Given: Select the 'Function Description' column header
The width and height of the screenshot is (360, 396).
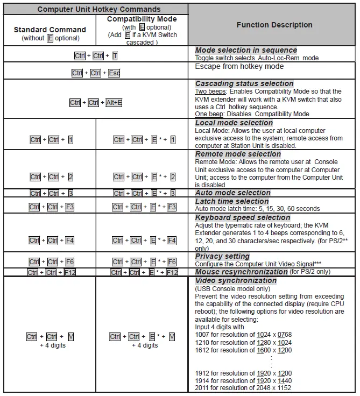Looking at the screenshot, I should point(274,25).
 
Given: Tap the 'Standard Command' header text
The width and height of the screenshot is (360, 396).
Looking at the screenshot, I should point(50,30).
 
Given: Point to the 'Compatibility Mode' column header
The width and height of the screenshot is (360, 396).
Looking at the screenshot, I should point(142,19).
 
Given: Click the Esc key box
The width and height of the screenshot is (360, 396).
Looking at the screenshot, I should point(114,73).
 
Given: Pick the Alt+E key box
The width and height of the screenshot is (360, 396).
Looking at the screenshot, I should point(114,103).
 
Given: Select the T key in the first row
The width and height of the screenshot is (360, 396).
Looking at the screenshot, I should point(115,56).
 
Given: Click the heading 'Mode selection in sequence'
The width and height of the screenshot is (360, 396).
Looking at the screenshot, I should point(246,51).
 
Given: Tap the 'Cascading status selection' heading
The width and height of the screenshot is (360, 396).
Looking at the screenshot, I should point(244,84).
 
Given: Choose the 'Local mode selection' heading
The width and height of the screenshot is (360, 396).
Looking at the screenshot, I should point(234,123).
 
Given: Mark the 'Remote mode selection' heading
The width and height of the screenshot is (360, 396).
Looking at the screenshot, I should point(238,154).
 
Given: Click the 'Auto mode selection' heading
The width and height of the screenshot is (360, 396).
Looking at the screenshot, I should point(232,193).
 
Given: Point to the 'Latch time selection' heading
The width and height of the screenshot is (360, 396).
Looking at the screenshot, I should point(231,201).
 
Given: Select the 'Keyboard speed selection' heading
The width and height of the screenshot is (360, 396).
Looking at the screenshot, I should point(242,218).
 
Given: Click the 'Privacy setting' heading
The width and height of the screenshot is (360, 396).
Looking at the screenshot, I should point(222,257).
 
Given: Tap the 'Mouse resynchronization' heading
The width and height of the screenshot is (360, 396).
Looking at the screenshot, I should point(241,272).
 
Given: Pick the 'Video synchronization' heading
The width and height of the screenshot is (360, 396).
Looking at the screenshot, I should point(236,280).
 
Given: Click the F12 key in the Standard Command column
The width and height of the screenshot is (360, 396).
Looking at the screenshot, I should point(69,273).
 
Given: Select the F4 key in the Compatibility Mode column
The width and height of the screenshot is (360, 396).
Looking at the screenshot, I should point(172,241).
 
